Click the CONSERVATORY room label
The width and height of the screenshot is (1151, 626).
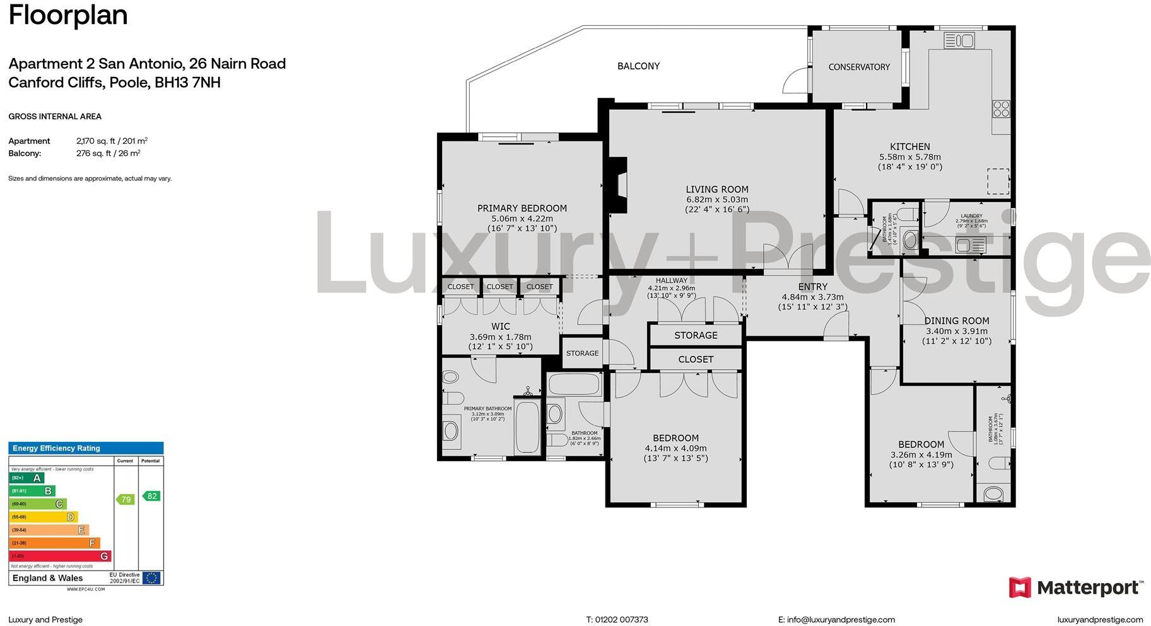click(x=859, y=67)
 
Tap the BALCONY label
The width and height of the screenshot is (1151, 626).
click(x=638, y=66)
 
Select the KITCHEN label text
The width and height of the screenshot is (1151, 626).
click(x=909, y=146)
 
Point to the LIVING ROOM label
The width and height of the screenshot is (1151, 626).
click(x=717, y=189)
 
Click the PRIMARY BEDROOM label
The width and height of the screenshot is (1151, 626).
click(x=522, y=208)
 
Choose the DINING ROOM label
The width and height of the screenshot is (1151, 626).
click(x=956, y=321)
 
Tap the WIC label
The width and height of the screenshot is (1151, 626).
click(x=500, y=326)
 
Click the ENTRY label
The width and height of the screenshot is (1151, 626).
click(x=812, y=286)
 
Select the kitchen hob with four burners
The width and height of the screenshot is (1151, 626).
click(x=1001, y=109)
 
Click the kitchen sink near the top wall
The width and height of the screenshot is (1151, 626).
click(x=959, y=41)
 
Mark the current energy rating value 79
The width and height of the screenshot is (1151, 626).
click(x=126, y=500)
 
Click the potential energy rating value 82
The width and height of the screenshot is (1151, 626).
click(x=151, y=496)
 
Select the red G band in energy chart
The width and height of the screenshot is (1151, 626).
click(x=60, y=556)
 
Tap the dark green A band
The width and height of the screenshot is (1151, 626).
click(x=26, y=478)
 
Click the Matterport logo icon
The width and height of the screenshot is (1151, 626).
click(x=1019, y=588)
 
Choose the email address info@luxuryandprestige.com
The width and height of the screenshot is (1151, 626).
click(x=836, y=620)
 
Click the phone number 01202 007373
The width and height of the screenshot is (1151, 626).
click(x=617, y=620)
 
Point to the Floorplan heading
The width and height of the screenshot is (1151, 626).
click(x=68, y=15)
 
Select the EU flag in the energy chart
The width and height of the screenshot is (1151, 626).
click(x=151, y=577)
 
